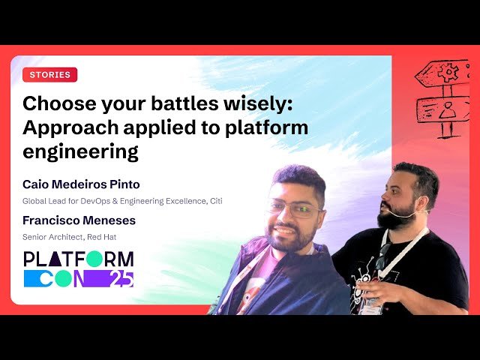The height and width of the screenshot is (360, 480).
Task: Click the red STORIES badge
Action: [x=50, y=75]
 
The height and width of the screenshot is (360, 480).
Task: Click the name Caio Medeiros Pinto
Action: [x=81, y=184]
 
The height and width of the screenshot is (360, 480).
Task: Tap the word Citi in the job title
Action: [x=214, y=201]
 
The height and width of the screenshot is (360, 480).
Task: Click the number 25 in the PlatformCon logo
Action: [x=119, y=278]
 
